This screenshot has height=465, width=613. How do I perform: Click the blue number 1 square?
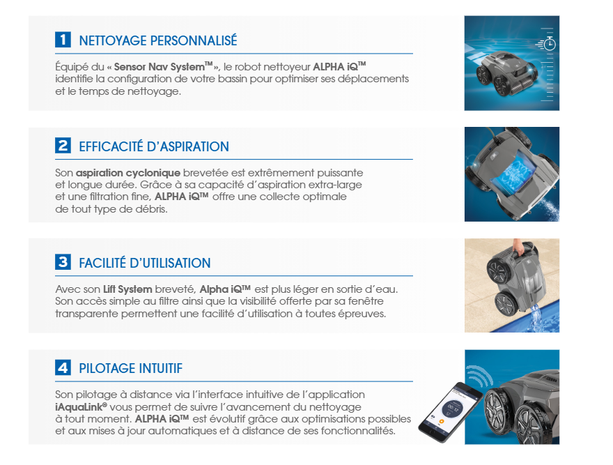(x=63, y=40)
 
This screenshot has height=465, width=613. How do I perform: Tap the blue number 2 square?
(x=63, y=146)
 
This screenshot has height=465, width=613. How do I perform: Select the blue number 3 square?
(x=63, y=262)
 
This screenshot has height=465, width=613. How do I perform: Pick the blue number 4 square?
(x=63, y=367)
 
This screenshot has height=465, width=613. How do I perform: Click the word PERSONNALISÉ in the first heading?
(x=194, y=40)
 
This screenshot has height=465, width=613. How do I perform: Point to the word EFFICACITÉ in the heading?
(x=111, y=146)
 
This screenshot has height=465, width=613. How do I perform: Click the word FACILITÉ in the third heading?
(x=102, y=263)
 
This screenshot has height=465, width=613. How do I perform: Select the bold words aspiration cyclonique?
(x=128, y=173)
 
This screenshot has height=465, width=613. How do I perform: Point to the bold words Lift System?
(x=127, y=289)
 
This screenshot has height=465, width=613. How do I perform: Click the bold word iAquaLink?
(x=81, y=407)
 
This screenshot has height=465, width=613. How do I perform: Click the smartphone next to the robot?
(x=451, y=412)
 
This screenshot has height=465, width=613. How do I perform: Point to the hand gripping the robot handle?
(x=518, y=247)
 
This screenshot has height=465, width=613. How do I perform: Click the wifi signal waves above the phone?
(x=479, y=376)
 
